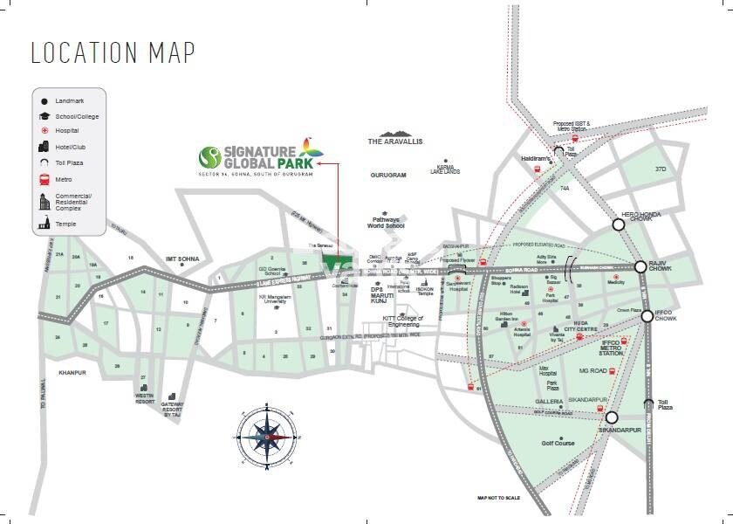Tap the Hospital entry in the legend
[65, 131]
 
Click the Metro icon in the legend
[44, 179]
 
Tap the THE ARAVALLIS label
[394, 141]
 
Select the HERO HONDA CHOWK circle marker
[618, 224]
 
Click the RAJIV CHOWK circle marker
[640, 267]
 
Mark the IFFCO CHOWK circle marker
[647, 316]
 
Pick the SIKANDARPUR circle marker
[612, 417]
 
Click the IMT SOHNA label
[183, 259]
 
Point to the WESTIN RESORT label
[144, 398]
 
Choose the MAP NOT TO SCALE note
[498, 498]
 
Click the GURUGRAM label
[388, 176]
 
